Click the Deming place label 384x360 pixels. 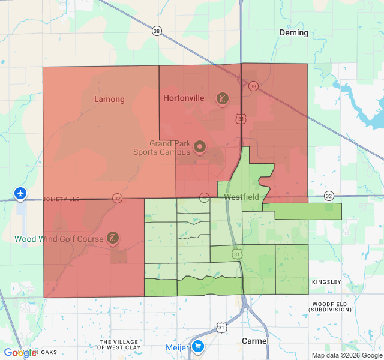(294, 32)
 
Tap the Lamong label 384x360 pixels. (109, 99)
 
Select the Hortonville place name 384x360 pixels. (184, 98)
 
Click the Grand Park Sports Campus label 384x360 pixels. (169, 148)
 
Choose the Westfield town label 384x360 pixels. (241, 197)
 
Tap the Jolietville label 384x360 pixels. (61, 199)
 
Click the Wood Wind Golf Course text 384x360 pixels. (58, 239)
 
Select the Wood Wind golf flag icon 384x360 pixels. (112, 238)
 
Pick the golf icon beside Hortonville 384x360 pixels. (223, 98)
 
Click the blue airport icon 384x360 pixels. (21, 193)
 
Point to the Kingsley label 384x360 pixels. (326, 282)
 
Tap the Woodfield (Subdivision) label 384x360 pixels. (331, 306)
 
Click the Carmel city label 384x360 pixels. (255, 341)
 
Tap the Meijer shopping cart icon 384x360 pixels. (198, 347)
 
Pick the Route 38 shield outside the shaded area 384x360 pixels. (157, 31)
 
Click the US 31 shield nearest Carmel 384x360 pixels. (222, 328)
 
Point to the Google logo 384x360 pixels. (19, 353)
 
